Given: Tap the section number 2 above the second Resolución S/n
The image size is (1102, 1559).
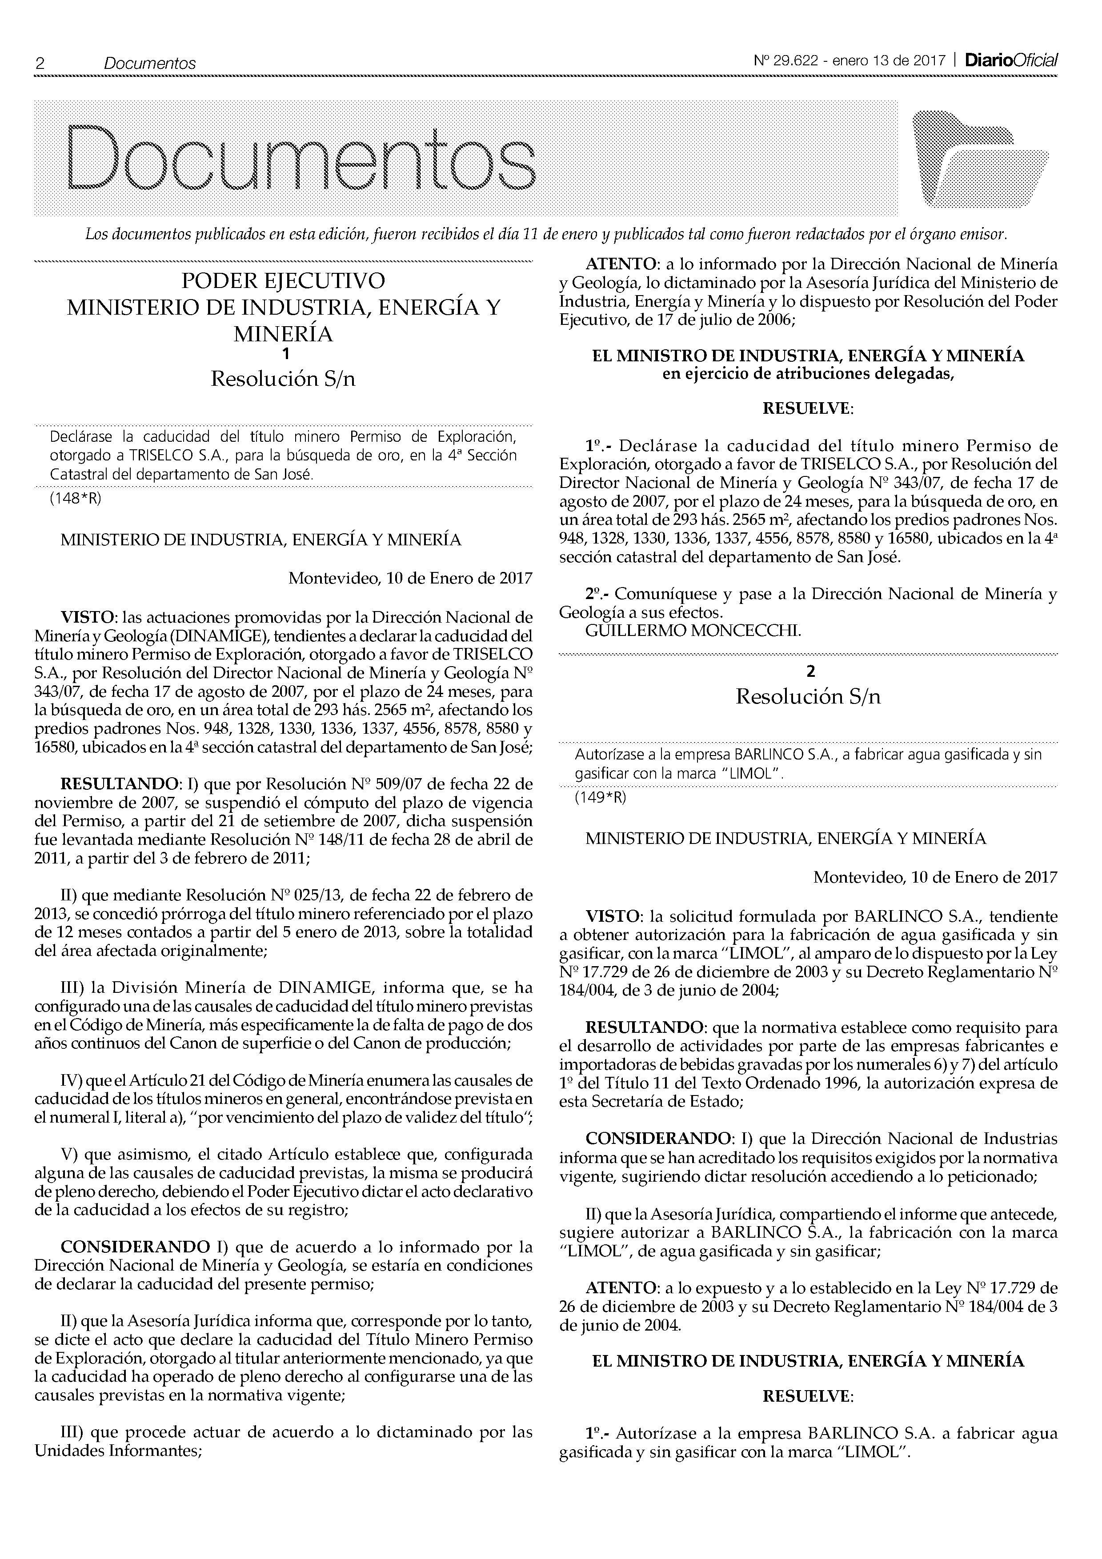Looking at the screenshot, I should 809,672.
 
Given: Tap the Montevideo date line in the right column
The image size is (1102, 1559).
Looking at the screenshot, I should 934,877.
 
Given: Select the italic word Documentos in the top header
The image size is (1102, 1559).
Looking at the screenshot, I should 149,64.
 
